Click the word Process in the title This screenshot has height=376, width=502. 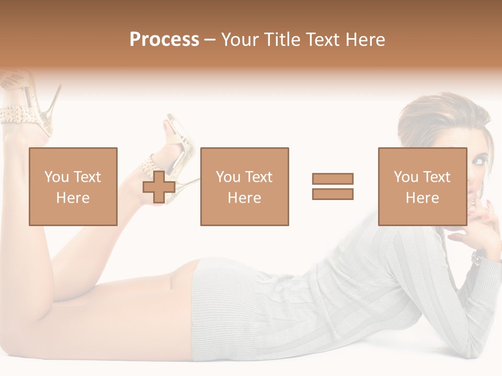tap(164, 40)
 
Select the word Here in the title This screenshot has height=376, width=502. tap(364, 40)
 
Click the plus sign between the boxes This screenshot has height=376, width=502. tap(159, 187)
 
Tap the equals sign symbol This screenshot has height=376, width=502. tap(333, 186)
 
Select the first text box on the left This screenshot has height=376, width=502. tap(73, 186)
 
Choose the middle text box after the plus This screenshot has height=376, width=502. tap(244, 186)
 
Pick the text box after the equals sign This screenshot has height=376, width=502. tap(422, 186)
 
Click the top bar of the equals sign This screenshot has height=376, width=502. tap(333, 179)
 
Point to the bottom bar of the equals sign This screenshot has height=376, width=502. tap(333, 194)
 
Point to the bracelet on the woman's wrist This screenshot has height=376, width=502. tap(476, 256)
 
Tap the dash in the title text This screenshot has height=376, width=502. tap(210, 40)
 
